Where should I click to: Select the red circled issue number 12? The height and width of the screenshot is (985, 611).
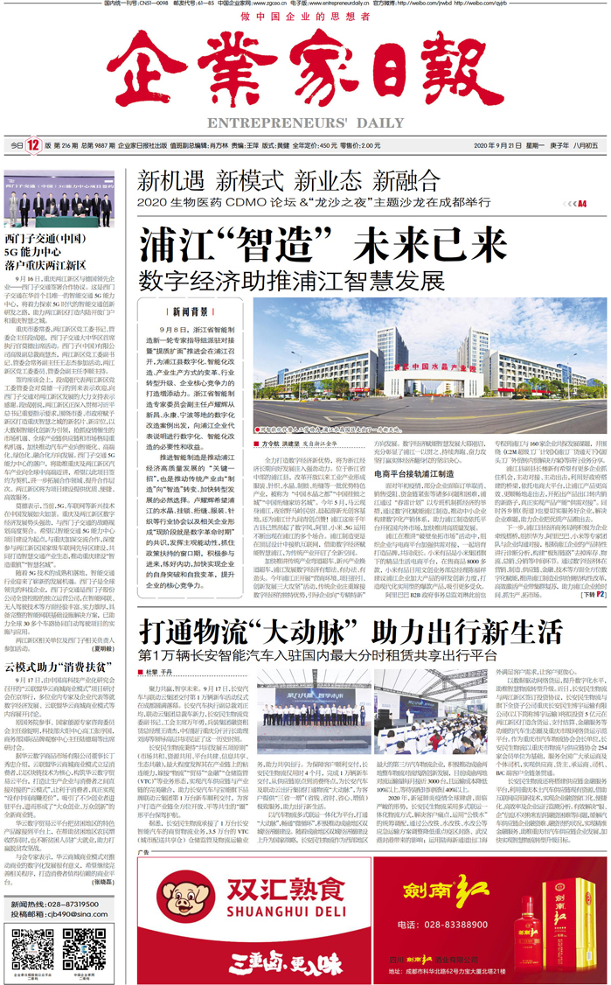coord(33,146)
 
